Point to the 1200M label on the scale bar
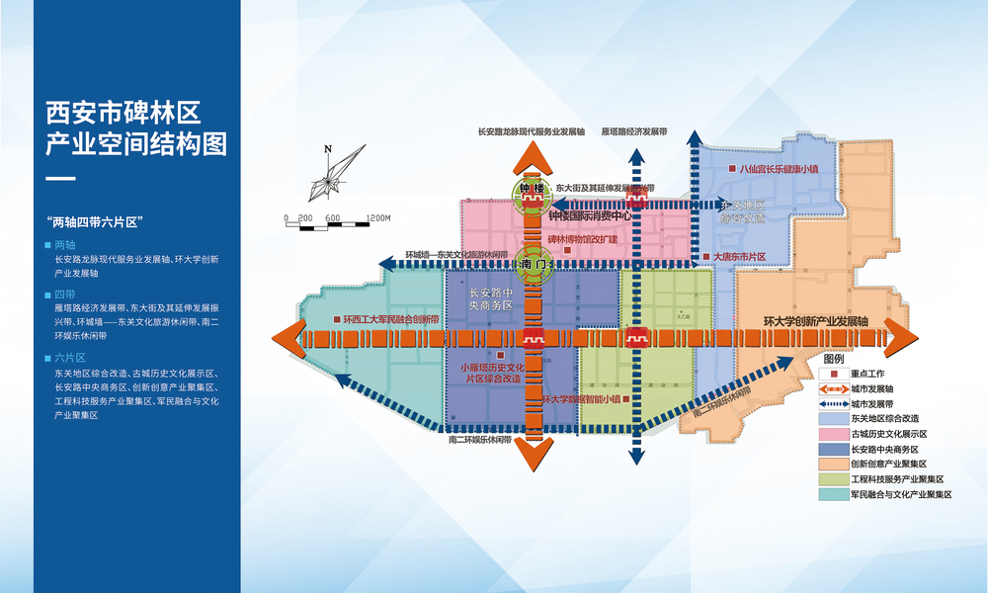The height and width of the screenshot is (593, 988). coord(377,217)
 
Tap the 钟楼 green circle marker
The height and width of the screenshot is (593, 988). coord(532,191)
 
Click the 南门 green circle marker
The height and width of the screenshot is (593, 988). coord(533,265)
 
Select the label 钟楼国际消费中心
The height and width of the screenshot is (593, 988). coord(591,215)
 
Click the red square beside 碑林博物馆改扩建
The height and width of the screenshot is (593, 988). coord(566,251)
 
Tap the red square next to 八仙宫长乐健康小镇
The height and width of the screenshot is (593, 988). coord(731,169)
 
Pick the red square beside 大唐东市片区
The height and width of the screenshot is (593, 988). coord(705,257)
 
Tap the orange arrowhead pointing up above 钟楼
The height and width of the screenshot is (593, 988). coord(533,156)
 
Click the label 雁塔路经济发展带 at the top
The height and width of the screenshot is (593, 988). coord(634,130)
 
